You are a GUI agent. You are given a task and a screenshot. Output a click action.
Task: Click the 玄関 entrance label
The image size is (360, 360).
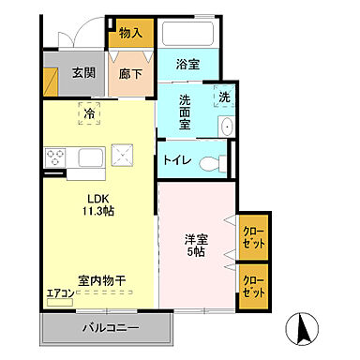83,71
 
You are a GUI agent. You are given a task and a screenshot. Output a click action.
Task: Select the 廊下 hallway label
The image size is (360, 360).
130,71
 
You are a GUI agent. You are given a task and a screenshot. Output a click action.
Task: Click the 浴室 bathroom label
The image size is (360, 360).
190,64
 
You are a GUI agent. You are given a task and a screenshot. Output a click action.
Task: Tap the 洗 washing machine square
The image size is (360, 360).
224,97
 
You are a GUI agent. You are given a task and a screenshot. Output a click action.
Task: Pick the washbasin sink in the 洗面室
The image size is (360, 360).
226,126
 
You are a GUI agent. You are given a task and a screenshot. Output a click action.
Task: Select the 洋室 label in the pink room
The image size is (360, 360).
196,239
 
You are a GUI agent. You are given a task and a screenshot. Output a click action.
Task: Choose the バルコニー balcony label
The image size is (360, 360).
109,329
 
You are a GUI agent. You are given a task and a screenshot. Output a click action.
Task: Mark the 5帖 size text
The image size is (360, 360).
196,253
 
